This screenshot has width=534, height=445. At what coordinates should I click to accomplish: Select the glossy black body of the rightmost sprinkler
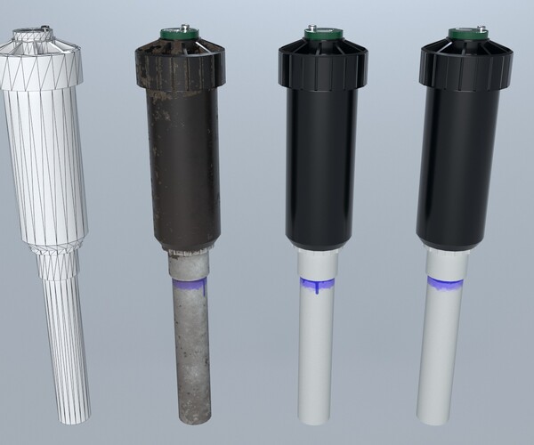pyautogui.click(x=459, y=169)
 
